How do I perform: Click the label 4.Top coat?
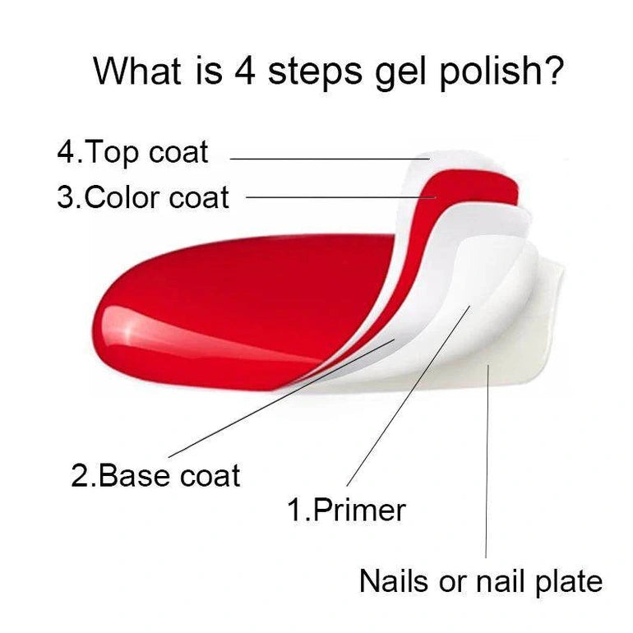pos(133,152)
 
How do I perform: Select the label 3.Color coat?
pos(143,197)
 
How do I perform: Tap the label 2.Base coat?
pos(155,476)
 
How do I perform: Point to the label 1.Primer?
pos(346,510)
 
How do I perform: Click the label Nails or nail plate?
pos(481,581)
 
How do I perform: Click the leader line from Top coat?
pos(329,159)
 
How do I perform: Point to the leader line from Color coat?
pos(337,197)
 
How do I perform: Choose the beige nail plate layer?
pos(526,345)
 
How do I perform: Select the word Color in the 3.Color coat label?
pos(123,197)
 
